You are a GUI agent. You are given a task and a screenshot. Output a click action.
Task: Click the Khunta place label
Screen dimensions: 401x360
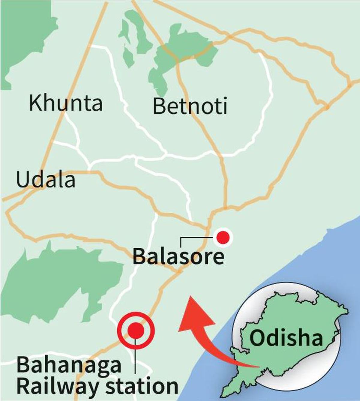coord(65,103)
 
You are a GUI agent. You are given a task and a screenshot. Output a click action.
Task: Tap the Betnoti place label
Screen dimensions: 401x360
coord(190,106)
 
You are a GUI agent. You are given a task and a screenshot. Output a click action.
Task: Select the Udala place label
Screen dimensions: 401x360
coord(46,180)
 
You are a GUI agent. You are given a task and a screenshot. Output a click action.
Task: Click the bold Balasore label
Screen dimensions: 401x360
coord(178,257)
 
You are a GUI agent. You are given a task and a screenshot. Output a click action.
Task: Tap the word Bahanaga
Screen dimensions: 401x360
coord(69,365)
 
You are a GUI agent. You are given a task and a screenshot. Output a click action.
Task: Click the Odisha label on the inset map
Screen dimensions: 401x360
coord(286,338)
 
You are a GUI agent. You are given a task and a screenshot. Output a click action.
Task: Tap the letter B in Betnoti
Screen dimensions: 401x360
coord(159,106)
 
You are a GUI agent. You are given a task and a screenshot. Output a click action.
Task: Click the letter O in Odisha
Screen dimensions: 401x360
coord(257,338)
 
